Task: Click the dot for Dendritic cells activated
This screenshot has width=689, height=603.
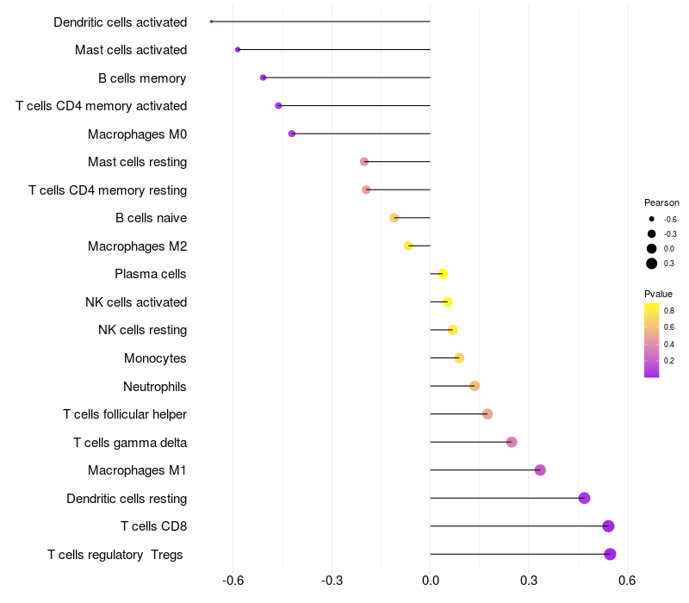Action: coord(211,22)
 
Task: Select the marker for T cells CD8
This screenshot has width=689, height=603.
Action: coord(608,526)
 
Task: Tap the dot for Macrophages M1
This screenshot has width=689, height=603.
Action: coord(540,470)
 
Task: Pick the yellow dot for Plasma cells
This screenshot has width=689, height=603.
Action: coord(443,274)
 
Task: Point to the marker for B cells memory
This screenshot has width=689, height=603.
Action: coord(263,78)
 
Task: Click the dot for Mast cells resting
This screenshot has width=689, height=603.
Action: coord(364,162)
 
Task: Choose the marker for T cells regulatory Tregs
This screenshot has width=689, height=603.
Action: coord(610,554)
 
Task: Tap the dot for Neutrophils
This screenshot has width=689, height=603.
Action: coord(475,386)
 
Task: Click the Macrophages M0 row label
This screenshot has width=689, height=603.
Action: coord(137,134)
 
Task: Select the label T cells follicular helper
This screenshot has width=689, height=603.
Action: coord(125,414)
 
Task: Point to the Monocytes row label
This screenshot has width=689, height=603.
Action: coord(155,358)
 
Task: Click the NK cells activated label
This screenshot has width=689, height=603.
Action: coord(136,302)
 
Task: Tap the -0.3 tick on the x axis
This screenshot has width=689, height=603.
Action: coord(332,581)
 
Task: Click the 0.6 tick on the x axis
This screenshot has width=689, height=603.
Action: coord(627,581)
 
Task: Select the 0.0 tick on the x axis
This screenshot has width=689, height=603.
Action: coord(430,581)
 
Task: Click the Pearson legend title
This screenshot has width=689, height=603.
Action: coord(661,202)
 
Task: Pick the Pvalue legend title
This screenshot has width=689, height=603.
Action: coord(659,294)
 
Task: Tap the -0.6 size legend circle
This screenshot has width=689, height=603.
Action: coord(652,219)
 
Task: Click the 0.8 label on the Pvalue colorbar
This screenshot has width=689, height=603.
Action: coord(668,310)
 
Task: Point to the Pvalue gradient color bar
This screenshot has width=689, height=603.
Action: coord(652,339)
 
